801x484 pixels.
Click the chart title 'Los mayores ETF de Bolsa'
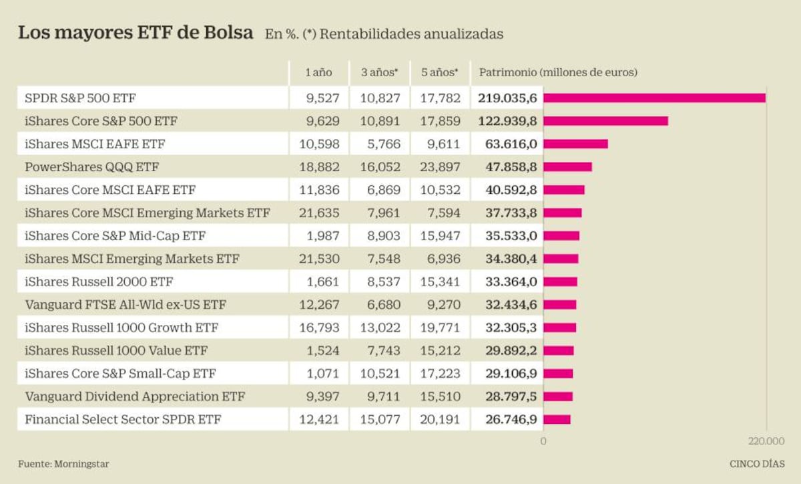pyautogui.click(x=135, y=33)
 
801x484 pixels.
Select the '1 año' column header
pyautogui.click(x=318, y=72)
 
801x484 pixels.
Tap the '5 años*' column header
pyautogui.click(x=439, y=72)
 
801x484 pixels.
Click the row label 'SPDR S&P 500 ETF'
pyautogui.click(x=79, y=98)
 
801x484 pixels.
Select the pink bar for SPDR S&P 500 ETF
pyautogui.click(x=654, y=98)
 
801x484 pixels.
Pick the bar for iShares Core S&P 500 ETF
pyautogui.click(x=605, y=121)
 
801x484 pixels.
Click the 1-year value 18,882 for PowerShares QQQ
pyautogui.click(x=320, y=166)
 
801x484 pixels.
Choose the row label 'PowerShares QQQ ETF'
pyautogui.click(x=91, y=166)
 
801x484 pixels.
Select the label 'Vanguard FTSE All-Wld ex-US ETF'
pyautogui.click(x=125, y=305)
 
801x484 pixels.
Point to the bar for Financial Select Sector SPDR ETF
pyautogui.click(x=557, y=420)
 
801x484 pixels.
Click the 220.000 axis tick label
pyautogui.click(x=766, y=441)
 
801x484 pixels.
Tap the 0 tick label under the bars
pyautogui.click(x=543, y=441)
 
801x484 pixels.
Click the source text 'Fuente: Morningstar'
pyautogui.click(x=63, y=463)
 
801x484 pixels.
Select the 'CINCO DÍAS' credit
pyautogui.click(x=756, y=463)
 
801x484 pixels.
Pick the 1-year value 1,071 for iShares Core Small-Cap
pyautogui.click(x=323, y=374)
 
